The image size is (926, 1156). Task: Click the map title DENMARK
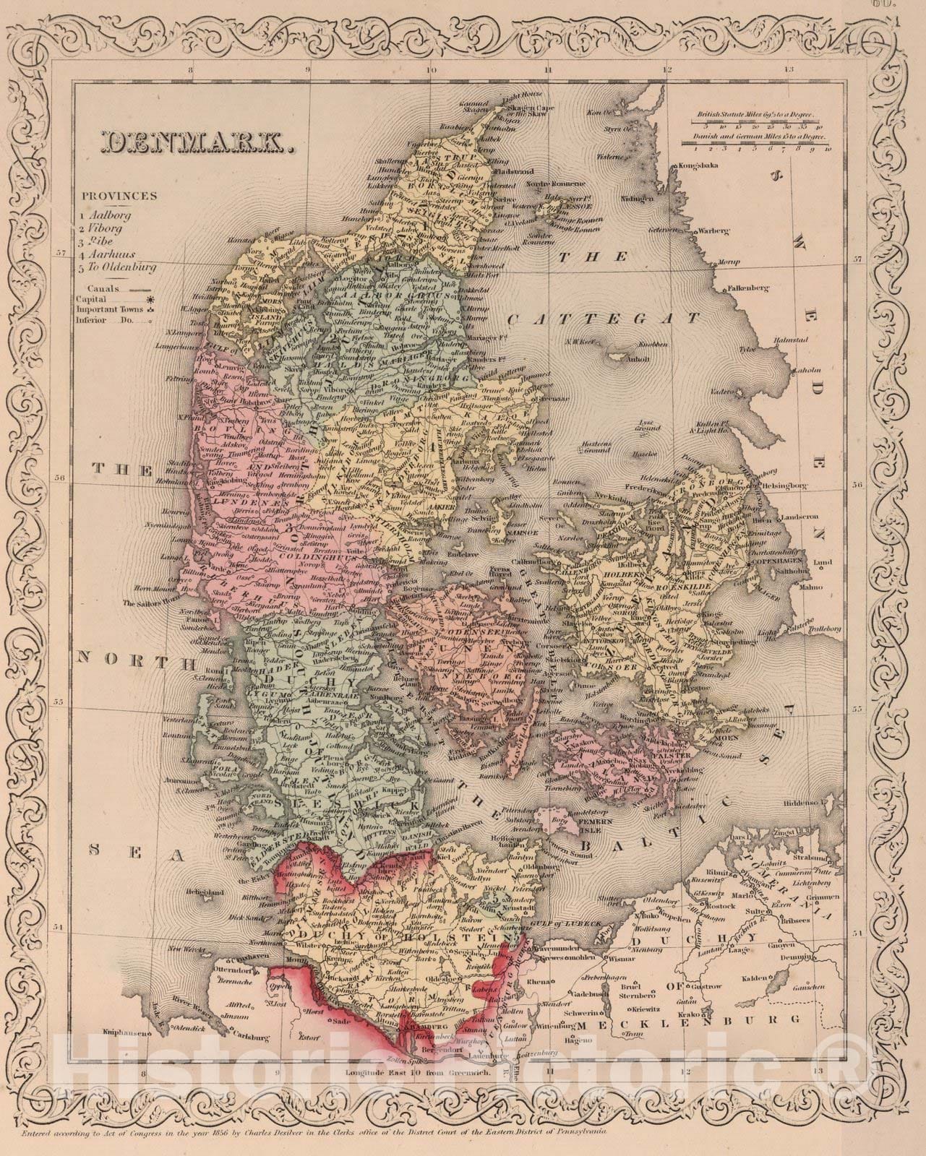(196, 143)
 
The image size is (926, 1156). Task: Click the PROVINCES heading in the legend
(119, 196)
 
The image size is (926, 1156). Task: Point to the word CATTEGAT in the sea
(604, 318)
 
